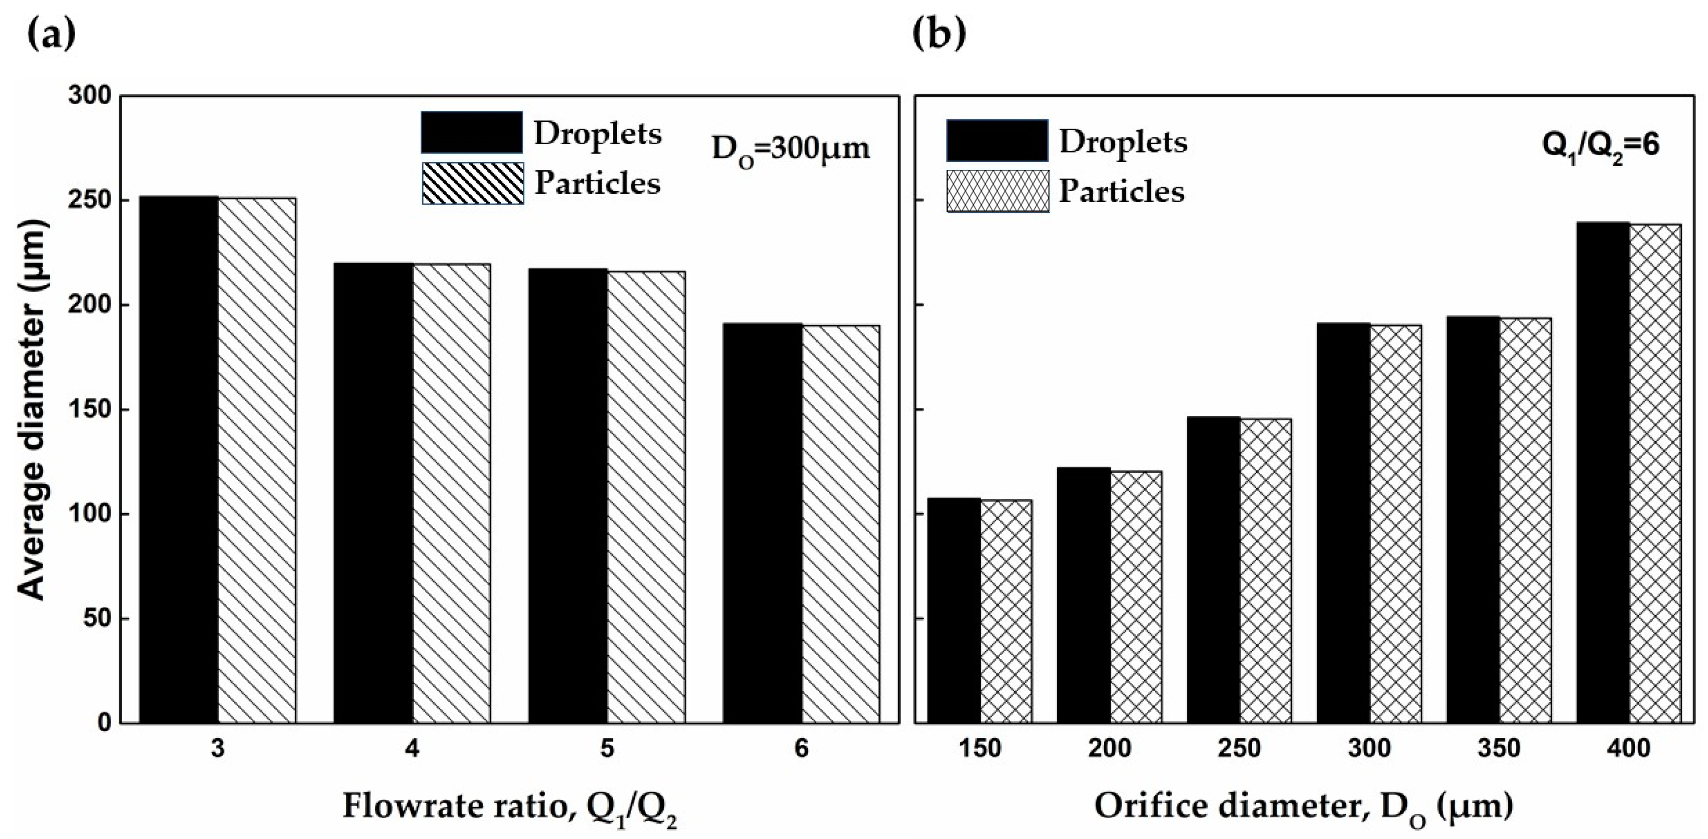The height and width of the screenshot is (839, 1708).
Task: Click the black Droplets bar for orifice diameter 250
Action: coord(1213,570)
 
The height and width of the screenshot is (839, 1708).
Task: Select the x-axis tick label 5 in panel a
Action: coord(607,749)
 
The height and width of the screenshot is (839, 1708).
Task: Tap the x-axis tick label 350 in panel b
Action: coord(1499,749)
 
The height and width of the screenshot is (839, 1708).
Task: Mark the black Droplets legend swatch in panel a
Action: coord(471,133)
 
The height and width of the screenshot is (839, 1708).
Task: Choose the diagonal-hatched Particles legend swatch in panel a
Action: coord(472,183)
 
